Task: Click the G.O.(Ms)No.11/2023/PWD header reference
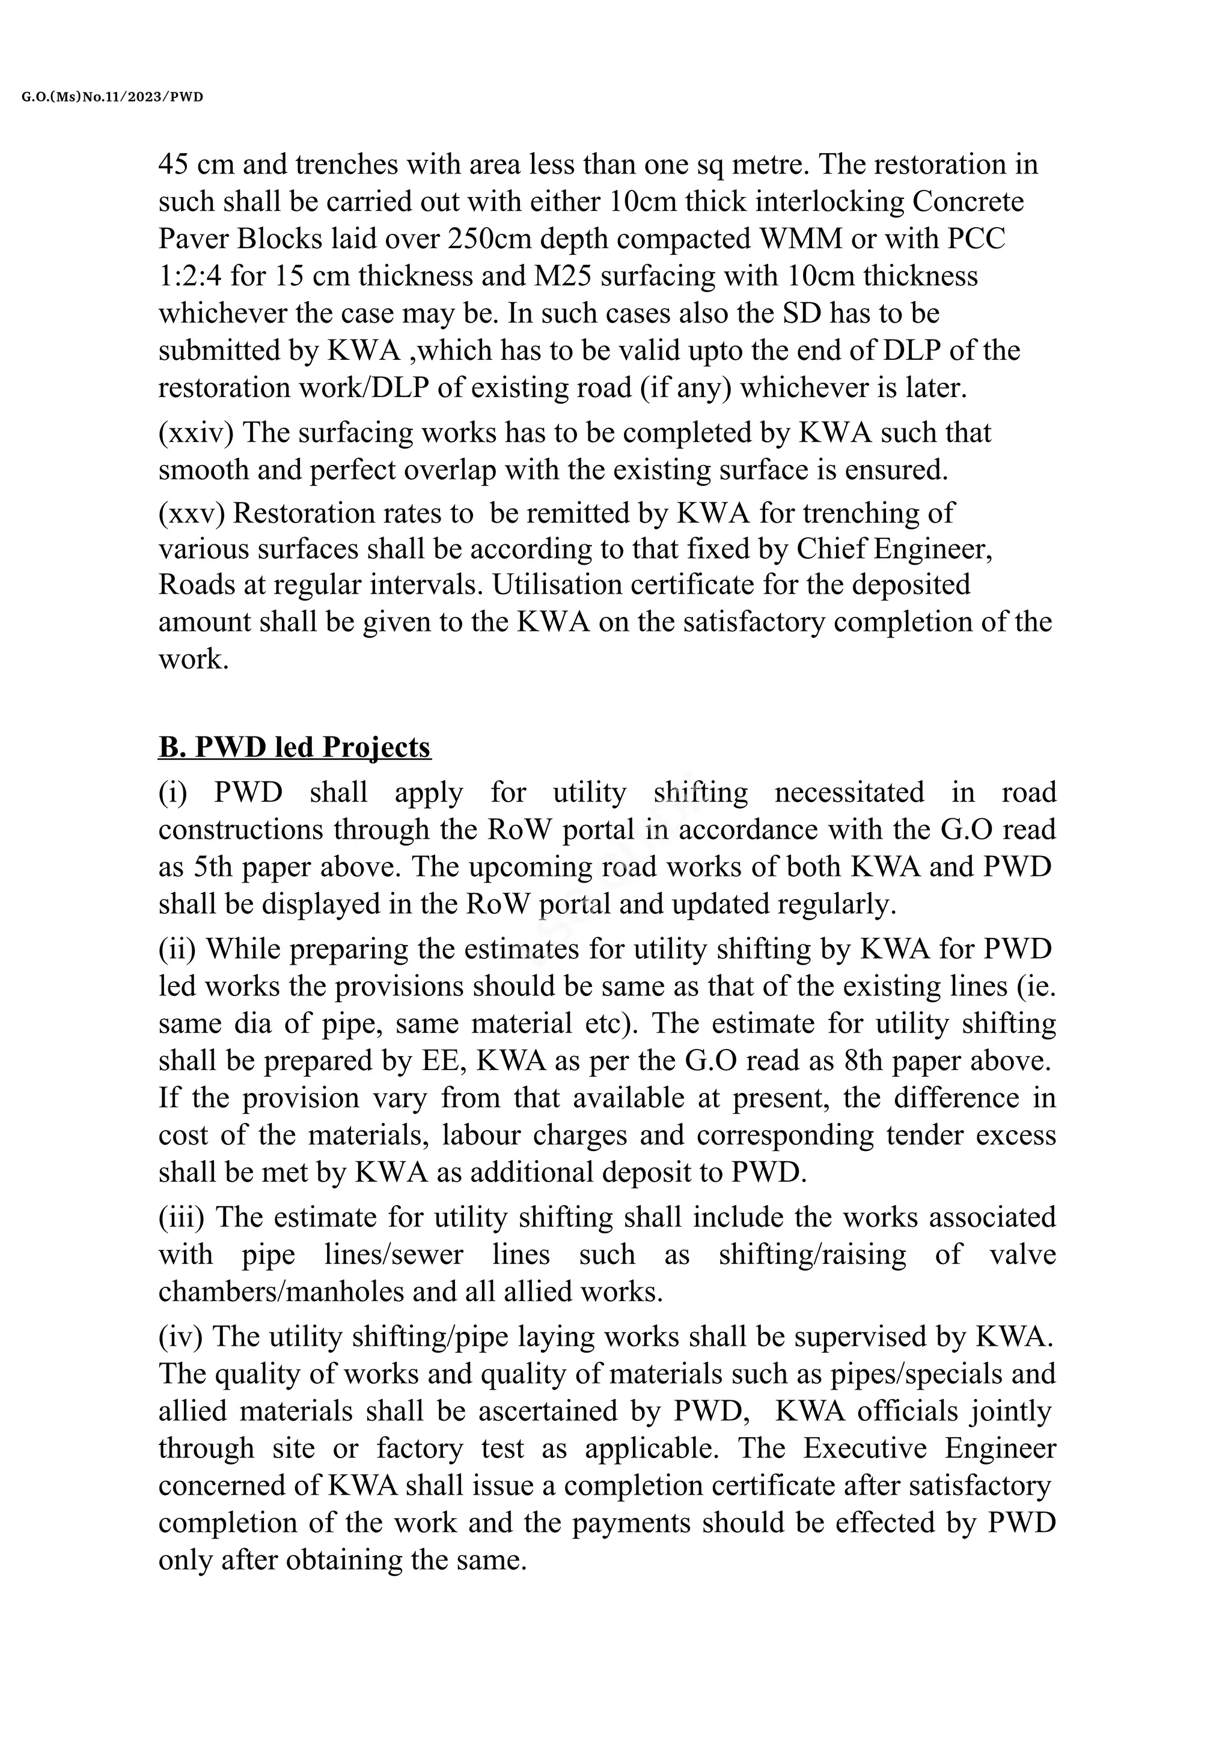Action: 113,97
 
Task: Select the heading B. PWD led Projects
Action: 295,747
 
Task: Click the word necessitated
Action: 849,792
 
